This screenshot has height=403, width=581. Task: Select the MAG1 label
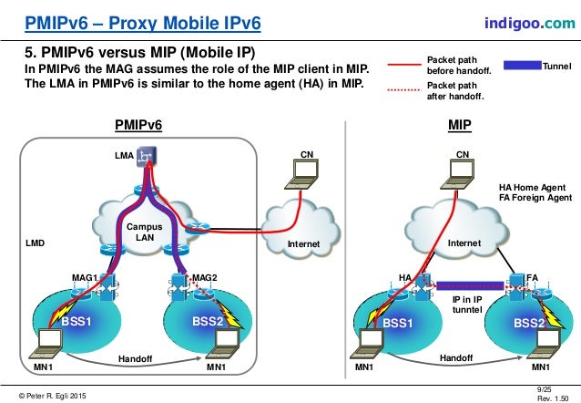pyautogui.click(x=85, y=275)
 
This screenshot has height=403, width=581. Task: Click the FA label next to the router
pyautogui.click(x=534, y=275)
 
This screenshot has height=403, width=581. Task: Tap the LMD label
pyautogui.click(x=35, y=244)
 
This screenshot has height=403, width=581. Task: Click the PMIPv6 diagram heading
pyautogui.click(x=140, y=122)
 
